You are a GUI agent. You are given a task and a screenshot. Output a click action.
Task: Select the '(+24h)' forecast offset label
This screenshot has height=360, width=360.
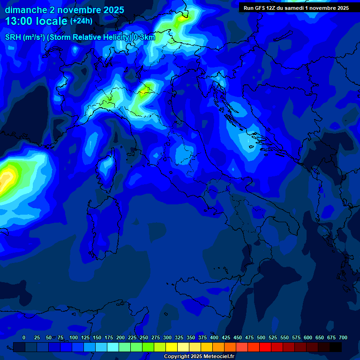pyautogui.click(x=81, y=21)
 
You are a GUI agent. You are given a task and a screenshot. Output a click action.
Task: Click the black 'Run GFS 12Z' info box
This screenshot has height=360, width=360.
pyautogui.click(x=296, y=8)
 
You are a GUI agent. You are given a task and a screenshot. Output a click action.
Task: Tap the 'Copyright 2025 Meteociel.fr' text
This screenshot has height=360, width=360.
pyautogui.click(x=199, y=357)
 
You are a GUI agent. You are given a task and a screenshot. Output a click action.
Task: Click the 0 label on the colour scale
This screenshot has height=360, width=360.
pyautogui.click(x=24, y=337)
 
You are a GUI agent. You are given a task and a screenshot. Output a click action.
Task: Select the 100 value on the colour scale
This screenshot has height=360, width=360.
pyautogui.click(x=74, y=337)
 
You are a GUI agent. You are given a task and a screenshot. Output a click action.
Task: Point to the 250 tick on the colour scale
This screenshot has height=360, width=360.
pyautogui.click(x=144, y=337)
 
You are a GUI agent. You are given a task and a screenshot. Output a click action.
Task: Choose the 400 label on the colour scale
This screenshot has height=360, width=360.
pyautogui.click(x=214, y=337)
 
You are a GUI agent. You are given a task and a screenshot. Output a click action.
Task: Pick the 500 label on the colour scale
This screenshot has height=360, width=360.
pyautogui.click(x=261, y=337)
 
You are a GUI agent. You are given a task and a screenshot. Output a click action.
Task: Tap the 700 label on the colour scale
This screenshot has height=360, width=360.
pyautogui.click(x=343, y=337)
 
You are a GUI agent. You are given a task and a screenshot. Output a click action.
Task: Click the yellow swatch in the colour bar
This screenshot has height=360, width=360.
pyautogui.click(x=172, y=347)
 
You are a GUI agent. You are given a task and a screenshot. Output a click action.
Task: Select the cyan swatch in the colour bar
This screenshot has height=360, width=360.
pyautogui.click(x=113, y=347)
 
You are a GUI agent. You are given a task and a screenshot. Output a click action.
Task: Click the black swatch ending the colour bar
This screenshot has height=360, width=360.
pyautogui.click(x=336, y=347)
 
